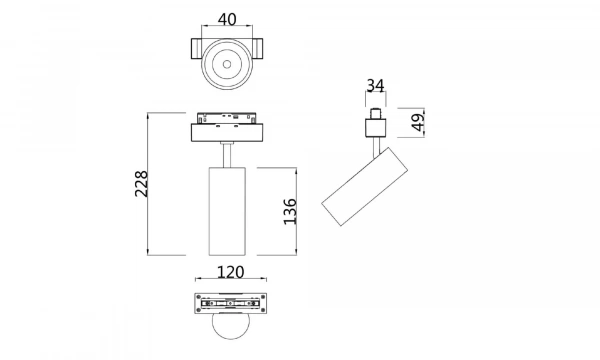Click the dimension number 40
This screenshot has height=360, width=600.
click(x=228, y=19)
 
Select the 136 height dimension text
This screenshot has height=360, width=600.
click(x=290, y=211)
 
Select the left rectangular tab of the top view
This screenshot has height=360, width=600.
click(x=192, y=50)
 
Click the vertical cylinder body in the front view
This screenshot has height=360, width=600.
click(x=228, y=211)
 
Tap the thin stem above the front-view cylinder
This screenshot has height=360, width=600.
click(x=228, y=156)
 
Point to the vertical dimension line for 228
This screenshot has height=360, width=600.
click(x=150, y=183)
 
